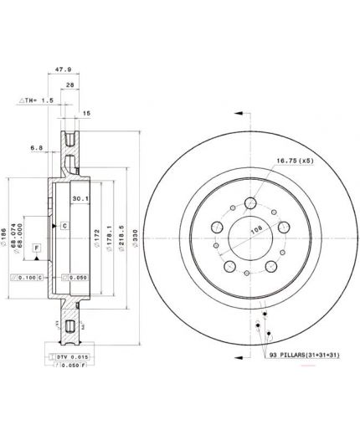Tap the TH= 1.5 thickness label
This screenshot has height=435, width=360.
click(x=36, y=100)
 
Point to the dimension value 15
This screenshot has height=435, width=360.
click(x=86, y=112)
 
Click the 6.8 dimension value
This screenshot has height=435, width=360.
click(x=36, y=148)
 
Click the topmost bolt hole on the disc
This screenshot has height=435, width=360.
click(x=249, y=202)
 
